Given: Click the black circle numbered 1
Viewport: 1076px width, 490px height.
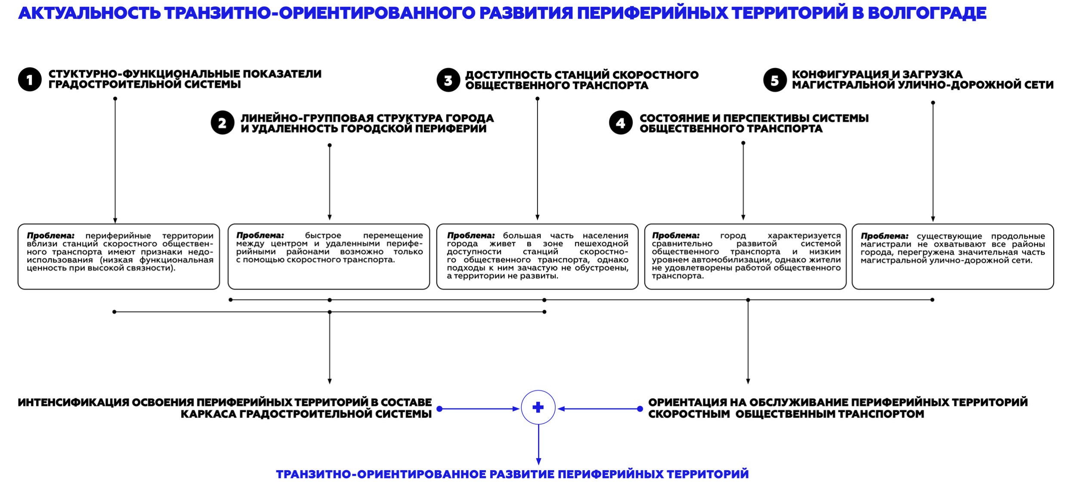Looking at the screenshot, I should coord(30,80).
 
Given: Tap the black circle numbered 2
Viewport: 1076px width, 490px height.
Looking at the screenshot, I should coord(223,123).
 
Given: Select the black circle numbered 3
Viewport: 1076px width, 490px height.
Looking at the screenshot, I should coord(448,80).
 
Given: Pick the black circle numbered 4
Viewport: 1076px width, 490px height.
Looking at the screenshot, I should coord(621,123).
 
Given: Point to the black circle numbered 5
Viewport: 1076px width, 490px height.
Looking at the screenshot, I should coord(775,80).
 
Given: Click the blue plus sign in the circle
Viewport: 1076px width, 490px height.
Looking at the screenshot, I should coord(538,407).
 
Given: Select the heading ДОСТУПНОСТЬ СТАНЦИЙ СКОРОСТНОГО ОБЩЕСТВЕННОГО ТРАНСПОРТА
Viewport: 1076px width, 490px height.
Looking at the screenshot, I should coord(581,80).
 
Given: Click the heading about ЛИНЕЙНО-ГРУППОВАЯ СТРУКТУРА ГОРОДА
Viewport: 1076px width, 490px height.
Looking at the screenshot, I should coord(367,123).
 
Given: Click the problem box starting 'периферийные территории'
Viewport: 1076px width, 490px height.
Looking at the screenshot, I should coord(119,256).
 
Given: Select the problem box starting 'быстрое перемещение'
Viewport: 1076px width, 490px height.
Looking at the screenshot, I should coord(329,256).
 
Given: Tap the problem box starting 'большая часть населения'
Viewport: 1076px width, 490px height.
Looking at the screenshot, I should coord(537,256).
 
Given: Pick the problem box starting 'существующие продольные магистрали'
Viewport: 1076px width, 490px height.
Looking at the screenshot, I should coord(953,256).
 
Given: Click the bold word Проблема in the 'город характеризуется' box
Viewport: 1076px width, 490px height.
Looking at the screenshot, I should coord(676,236).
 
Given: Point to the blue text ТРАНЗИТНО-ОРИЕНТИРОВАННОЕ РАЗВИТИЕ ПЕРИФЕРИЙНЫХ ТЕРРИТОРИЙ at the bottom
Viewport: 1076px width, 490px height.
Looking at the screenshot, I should coord(512,474).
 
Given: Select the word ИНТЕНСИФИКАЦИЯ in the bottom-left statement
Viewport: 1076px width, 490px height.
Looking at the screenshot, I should coord(73,402).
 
